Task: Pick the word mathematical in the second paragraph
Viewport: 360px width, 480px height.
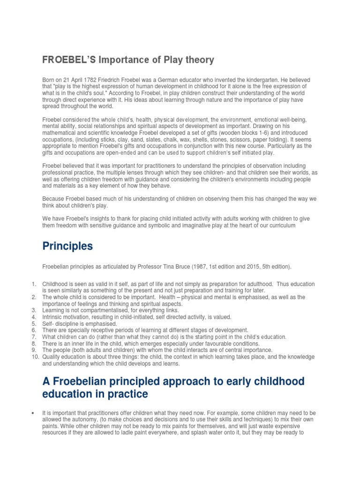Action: click(60, 127)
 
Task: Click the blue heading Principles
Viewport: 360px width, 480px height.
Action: click(67, 247)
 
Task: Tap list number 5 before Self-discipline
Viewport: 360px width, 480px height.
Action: click(34, 324)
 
